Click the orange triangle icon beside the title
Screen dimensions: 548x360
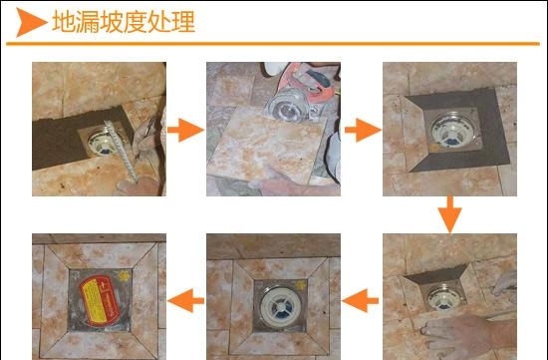pyautogui.click(x=30, y=22)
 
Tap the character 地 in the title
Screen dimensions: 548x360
pyautogui.click(x=63, y=22)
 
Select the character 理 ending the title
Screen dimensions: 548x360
pyautogui.click(x=183, y=22)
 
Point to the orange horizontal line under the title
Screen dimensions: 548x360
pyautogui.click(x=273, y=44)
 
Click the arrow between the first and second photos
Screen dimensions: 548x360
pyautogui.click(x=185, y=130)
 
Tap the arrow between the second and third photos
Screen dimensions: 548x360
pyautogui.click(x=363, y=130)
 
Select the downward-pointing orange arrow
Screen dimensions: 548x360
pyautogui.click(x=449, y=214)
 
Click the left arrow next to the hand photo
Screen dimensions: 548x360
pyautogui.click(x=361, y=300)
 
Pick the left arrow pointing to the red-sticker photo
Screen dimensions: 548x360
pyautogui.click(x=186, y=300)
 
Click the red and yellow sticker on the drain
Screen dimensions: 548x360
pyautogui.click(x=100, y=300)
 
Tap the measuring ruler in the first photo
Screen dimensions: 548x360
pyautogui.click(x=121, y=150)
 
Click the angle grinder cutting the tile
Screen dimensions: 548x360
pyautogui.click(x=299, y=93)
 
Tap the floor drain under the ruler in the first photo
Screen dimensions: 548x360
pyautogui.click(x=101, y=142)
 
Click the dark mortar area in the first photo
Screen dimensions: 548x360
pyautogui.click(x=61, y=140)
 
